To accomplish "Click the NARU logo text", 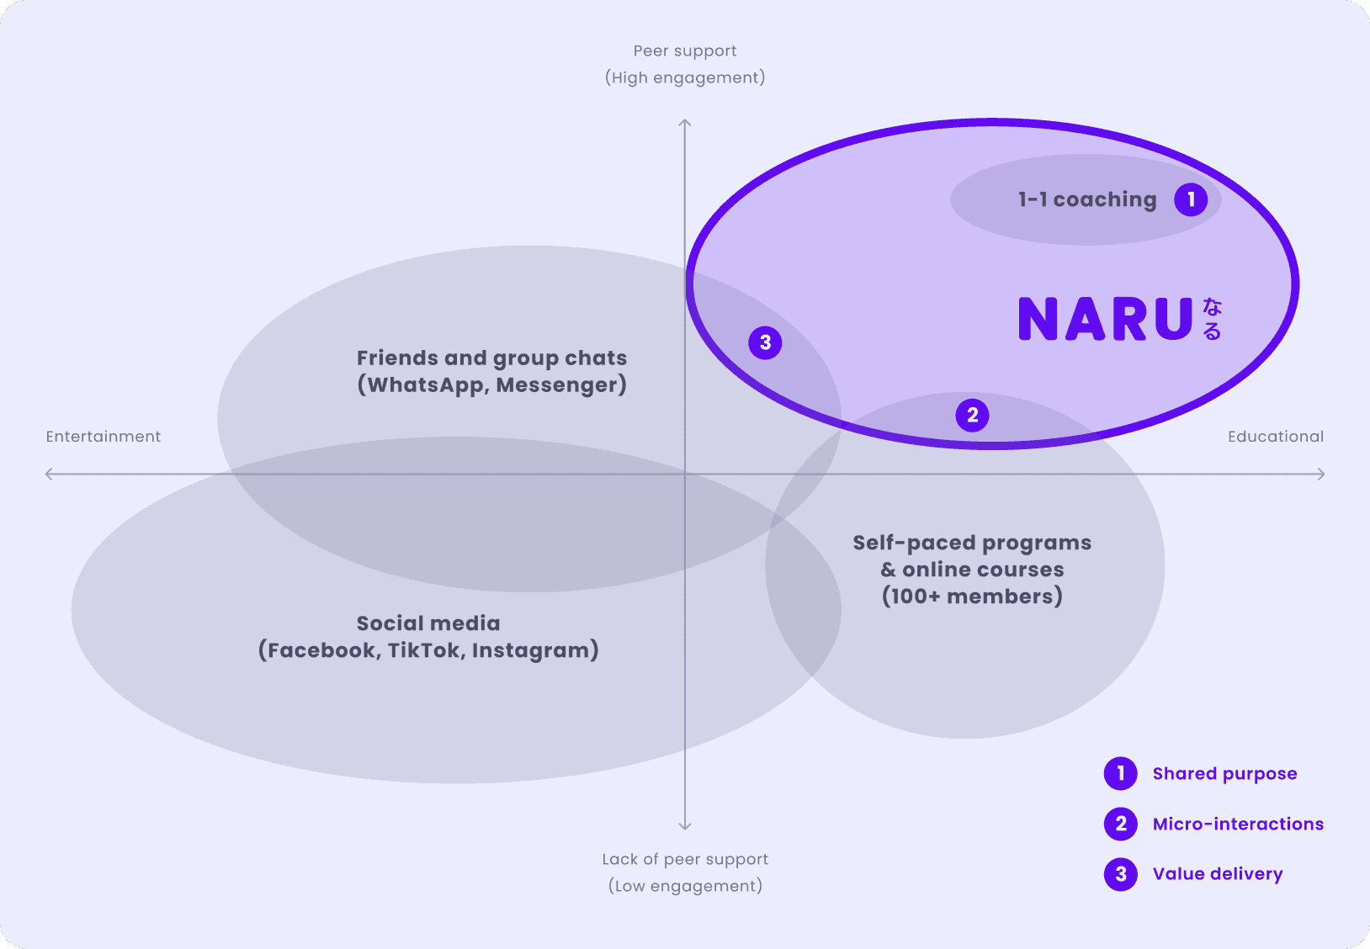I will [x=1105, y=319].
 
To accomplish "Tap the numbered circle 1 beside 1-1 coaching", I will [x=1191, y=199].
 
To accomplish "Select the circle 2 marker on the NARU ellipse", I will [x=972, y=415].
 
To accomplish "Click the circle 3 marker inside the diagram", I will [x=765, y=342].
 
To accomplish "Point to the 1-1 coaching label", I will [x=1087, y=199].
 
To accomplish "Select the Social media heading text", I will [x=428, y=623].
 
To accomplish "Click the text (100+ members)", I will [x=972, y=596].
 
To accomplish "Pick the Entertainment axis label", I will [x=104, y=437].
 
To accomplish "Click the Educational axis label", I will [x=1275, y=437].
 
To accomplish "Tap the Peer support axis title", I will [x=685, y=51].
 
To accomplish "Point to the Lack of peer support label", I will [x=685, y=859].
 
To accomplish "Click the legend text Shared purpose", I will [x=1224, y=774].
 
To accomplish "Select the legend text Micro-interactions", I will [x=1238, y=824].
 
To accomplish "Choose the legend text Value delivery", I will [x=1218, y=874].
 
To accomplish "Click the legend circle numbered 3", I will [x=1121, y=874].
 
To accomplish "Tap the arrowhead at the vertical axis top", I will [x=685, y=123].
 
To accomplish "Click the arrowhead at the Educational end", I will [x=1322, y=474].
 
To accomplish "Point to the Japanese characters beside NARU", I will [x=1212, y=319].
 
